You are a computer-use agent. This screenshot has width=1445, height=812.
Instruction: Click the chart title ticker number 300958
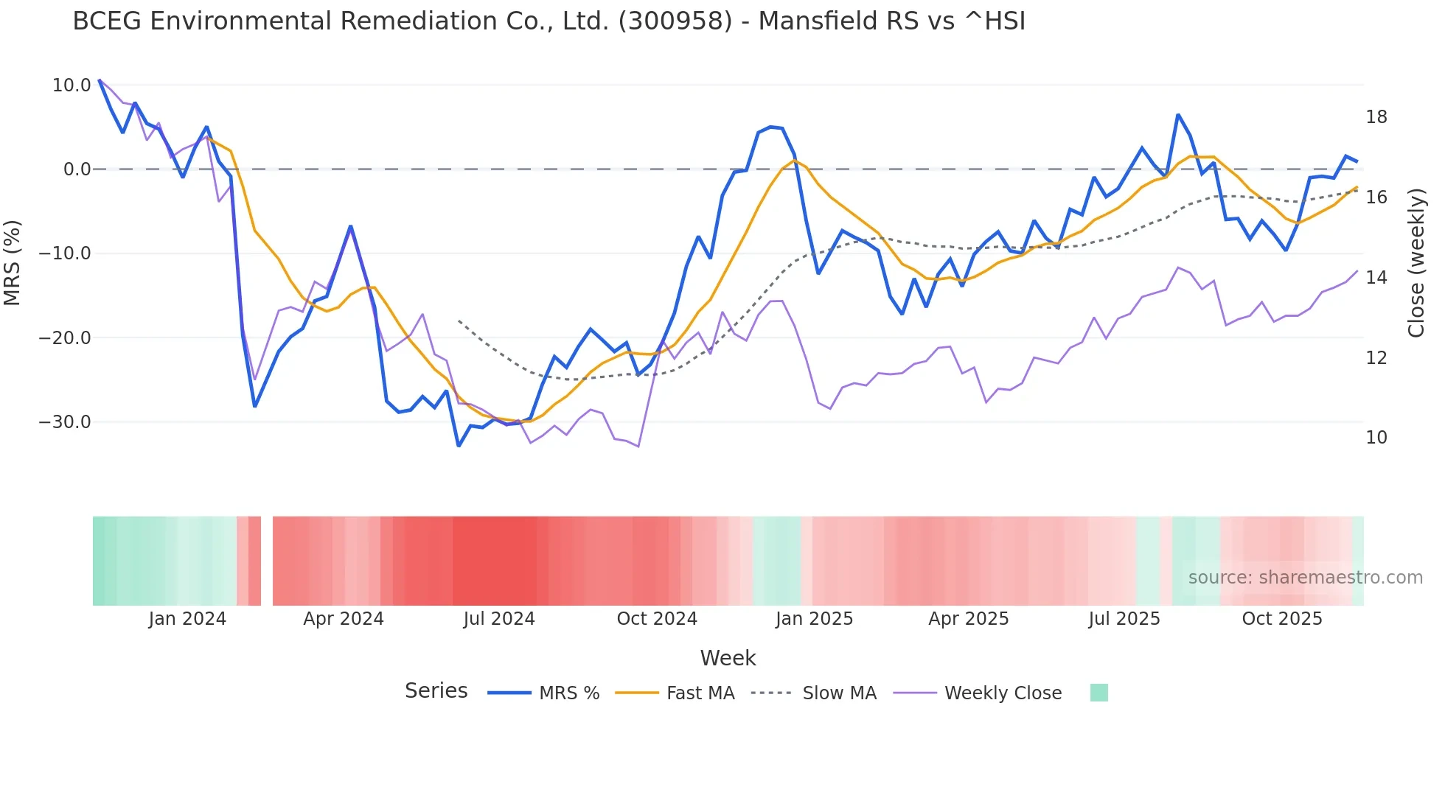(x=675, y=21)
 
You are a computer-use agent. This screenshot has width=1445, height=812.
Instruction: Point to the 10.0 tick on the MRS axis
(x=72, y=85)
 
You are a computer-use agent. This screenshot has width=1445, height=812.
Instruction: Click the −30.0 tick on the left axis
(x=65, y=422)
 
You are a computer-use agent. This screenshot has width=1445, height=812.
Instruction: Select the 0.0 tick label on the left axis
(x=77, y=169)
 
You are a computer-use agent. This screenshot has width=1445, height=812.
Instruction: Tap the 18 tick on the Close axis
(x=1376, y=117)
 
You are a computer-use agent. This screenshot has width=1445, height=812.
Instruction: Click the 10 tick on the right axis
(x=1376, y=438)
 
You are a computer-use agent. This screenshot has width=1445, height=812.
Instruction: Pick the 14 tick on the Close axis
(x=1376, y=278)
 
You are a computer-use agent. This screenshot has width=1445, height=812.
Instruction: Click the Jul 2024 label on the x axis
(x=499, y=619)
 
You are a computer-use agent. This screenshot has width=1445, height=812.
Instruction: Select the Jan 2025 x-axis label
(x=814, y=619)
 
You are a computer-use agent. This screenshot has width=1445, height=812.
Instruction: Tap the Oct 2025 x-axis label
(x=1282, y=619)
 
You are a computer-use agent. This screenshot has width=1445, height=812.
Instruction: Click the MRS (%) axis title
(x=13, y=262)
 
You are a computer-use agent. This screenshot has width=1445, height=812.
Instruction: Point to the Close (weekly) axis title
(x=1416, y=262)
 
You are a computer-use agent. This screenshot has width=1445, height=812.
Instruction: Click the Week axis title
(x=728, y=658)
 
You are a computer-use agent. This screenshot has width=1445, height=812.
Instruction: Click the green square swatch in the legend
(x=1098, y=693)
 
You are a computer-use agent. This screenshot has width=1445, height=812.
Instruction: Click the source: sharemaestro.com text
(x=1305, y=578)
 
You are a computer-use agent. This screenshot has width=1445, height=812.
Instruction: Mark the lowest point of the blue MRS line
(x=459, y=446)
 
